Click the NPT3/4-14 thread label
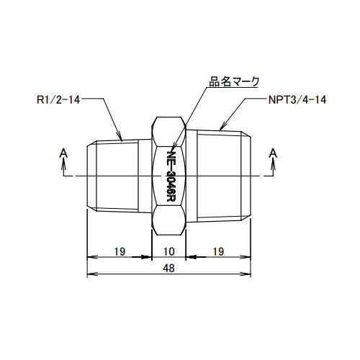coord(296,100)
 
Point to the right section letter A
coord(273,153)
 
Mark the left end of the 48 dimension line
coord(88,274)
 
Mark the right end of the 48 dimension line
coord(252,274)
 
